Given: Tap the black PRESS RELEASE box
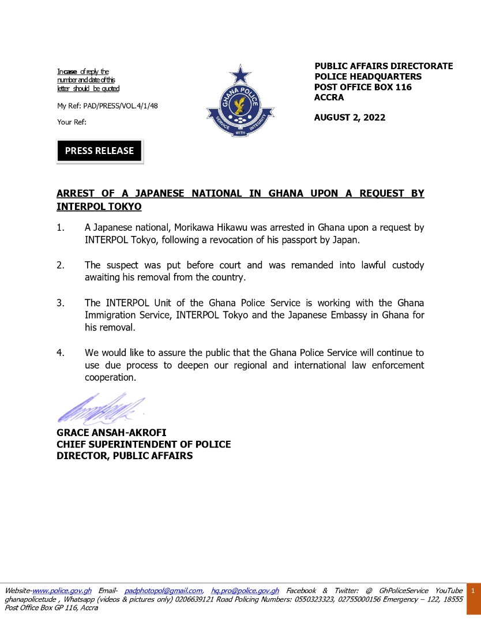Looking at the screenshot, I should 99,151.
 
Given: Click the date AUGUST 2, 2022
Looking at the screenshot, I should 350,118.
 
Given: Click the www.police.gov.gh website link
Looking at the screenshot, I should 62,591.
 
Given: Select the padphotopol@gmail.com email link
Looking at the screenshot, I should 163,591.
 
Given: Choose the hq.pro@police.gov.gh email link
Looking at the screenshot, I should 245,591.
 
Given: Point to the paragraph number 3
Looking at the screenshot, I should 61,303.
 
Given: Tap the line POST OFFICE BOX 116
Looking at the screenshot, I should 363,87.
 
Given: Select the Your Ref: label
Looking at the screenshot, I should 72,122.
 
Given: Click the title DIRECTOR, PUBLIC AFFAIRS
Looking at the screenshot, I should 125,456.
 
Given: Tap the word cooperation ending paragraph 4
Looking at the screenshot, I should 110,378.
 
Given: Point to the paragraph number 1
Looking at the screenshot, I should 61,227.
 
